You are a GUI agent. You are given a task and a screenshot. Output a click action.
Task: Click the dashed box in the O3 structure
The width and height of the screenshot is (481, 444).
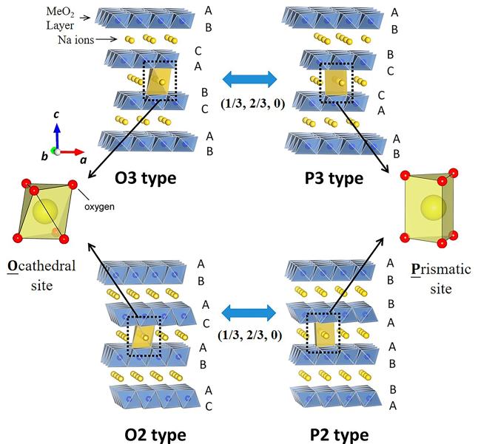(161, 82)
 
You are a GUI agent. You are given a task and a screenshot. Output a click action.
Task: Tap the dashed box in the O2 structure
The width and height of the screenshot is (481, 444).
(144, 337)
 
